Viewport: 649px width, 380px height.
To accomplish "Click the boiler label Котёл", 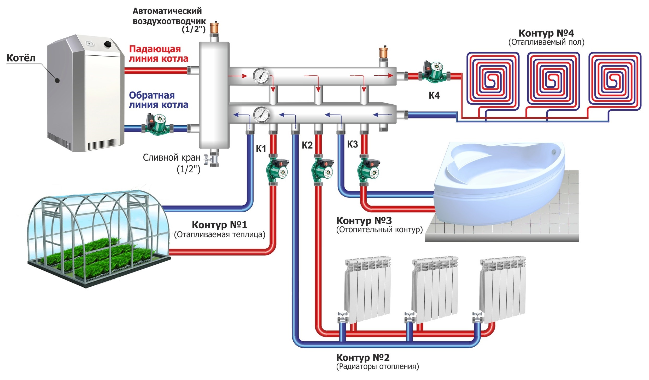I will tap(21, 58).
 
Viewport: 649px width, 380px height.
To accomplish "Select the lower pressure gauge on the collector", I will tap(261, 115).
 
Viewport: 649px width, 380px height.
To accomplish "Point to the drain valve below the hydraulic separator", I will tap(214, 159).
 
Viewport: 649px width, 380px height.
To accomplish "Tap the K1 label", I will tap(261, 149).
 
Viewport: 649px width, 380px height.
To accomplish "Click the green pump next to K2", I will tap(321, 170).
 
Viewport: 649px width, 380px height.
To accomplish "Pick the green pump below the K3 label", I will tap(368, 170).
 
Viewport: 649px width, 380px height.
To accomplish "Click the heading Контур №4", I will tap(546, 33).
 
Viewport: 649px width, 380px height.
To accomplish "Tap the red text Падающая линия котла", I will tap(159, 54).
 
